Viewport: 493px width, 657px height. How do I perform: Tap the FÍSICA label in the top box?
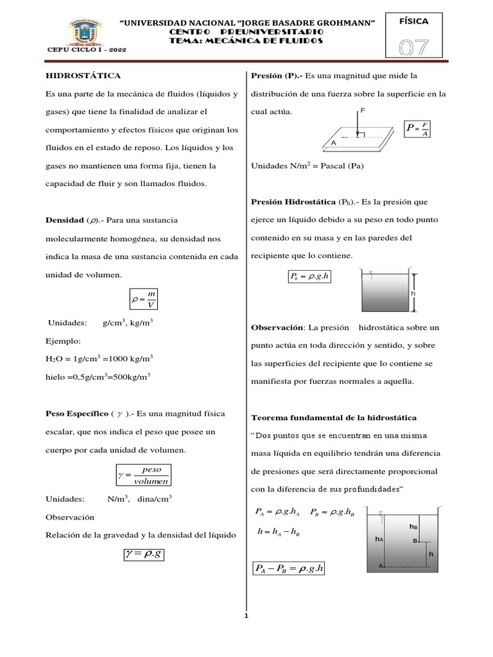(414, 21)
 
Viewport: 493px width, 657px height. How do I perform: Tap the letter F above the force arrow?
(363, 111)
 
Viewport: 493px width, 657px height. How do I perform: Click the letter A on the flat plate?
(334, 144)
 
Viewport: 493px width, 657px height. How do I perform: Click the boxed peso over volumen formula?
(144, 475)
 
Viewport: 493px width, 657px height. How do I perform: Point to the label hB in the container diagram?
(413, 525)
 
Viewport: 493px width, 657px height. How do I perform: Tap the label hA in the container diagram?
(379, 540)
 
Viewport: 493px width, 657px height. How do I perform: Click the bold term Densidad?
(64, 220)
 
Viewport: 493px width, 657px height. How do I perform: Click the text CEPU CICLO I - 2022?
(87, 50)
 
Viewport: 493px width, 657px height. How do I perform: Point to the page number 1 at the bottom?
(246, 617)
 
